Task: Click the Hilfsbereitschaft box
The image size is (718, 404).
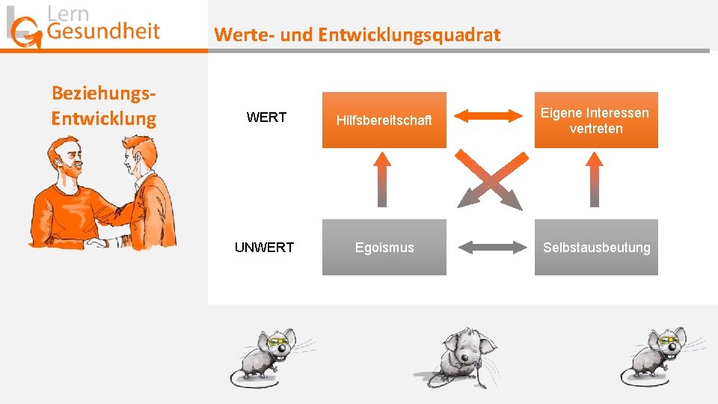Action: click(384, 120)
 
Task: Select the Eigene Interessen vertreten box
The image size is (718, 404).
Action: click(595, 120)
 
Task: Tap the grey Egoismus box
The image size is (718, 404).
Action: click(384, 247)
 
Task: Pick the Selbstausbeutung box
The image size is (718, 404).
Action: click(595, 247)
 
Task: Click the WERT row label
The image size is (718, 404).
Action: click(266, 118)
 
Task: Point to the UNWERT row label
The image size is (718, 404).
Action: click(264, 248)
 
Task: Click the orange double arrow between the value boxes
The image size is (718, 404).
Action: click(490, 116)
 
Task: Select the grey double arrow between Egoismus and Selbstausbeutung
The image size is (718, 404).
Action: click(490, 246)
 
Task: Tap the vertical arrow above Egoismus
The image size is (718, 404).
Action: click(382, 179)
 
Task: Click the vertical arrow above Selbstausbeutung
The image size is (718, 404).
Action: click(595, 179)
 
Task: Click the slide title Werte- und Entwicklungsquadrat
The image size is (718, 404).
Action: click(357, 34)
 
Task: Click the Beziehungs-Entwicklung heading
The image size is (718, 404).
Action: click(103, 105)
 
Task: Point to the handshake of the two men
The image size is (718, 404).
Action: click(97, 242)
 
